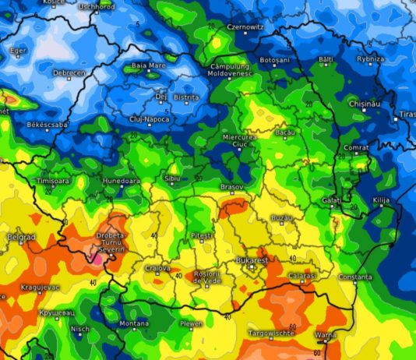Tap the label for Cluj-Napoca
click(x=148, y=118)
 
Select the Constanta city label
click(x=355, y=277)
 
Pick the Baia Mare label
click(x=148, y=65)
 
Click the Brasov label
click(x=231, y=187)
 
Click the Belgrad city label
click(x=21, y=236)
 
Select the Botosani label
click(x=274, y=60)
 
